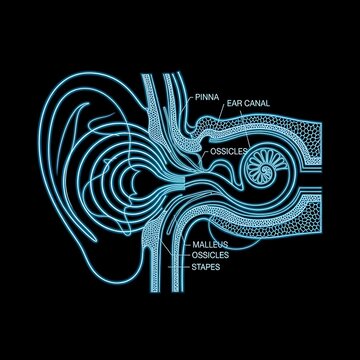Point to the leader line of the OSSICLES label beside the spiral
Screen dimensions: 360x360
204,152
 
